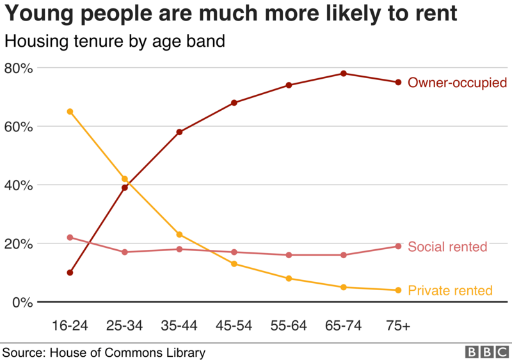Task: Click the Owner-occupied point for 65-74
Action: pyautogui.click(x=344, y=74)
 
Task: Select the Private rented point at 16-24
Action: pyautogui.click(x=70, y=111)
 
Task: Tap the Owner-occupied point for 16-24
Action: pyautogui.click(x=70, y=273)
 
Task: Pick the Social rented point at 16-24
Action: pyautogui.click(x=70, y=238)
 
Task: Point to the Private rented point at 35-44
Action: pyautogui.click(x=179, y=234)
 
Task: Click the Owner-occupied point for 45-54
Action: pyautogui.click(x=234, y=102)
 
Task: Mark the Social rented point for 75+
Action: pyautogui.click(x=398, y=246)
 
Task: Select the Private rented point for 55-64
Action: pyautogui.click(x=289, y=279)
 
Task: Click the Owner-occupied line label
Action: pyautogui.click(x=457, y=83)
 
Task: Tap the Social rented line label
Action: pyautogui.click(x=447, y=247)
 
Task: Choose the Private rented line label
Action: pyautogui.click(x=450, y=290)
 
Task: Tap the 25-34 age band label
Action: pyautogui.click(x=124, y=326)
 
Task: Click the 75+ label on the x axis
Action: pyautogui.click(x=398, y=326)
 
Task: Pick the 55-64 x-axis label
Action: pyautogui.click(x=289, y=326)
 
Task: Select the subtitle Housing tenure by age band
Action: pyautogui.click(x=115, y=42)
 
